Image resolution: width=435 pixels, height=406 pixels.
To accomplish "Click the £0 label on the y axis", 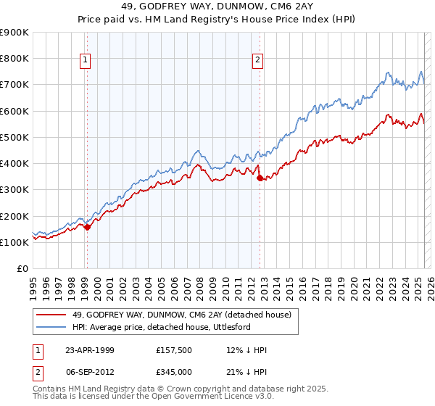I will [x=22, y=269].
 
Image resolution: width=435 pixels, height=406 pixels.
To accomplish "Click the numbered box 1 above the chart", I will [x=86, y=61].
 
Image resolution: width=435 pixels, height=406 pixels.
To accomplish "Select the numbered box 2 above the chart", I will [x=258, y=61].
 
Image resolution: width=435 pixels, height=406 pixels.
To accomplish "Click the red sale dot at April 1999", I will [x=88, y=227].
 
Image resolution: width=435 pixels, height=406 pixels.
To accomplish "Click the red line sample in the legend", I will [x=50, y=315].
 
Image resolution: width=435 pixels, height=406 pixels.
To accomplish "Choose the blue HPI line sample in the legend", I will [x=50, y=328].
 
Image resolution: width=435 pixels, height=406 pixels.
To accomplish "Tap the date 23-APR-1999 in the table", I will [x=89, y=350].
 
